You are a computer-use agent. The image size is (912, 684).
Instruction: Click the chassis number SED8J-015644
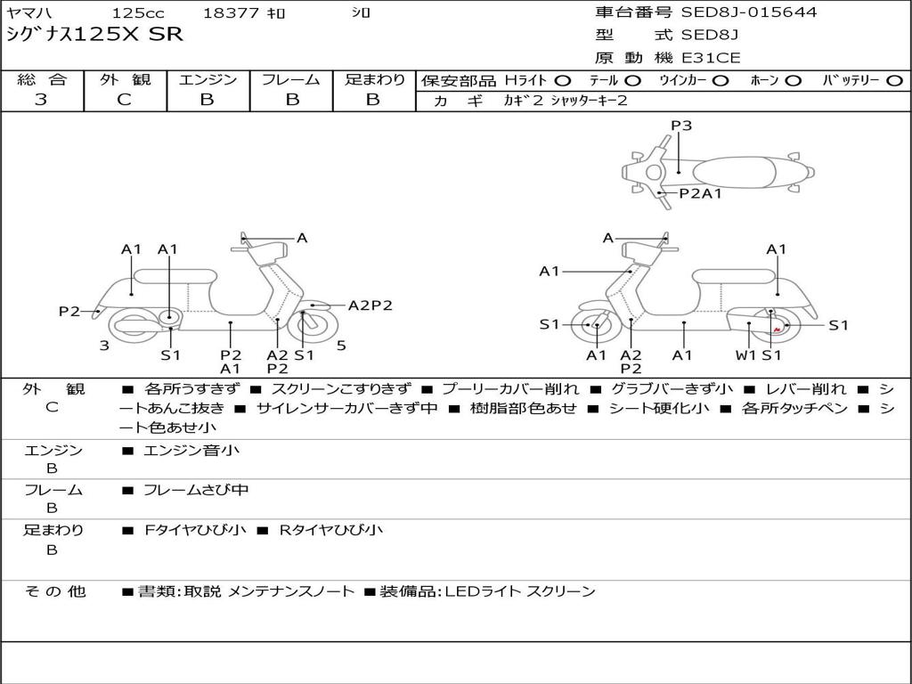tap(748, 12)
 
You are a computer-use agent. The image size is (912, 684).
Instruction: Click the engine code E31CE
tap(711, 58)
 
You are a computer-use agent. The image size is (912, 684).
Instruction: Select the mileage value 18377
tap(231, 13)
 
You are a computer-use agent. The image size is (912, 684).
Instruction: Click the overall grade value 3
tap(41, 100)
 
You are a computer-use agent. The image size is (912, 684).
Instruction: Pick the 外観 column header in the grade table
tap(125, 79)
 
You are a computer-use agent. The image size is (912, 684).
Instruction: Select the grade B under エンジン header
tap(207, 100)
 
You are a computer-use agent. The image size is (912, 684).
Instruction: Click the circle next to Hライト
tap(563, 81)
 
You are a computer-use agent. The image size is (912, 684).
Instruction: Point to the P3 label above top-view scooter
tap(681, 126)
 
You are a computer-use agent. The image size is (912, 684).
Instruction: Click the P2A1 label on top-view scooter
tap(700, 193)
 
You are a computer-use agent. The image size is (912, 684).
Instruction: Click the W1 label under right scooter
tap(745, 355)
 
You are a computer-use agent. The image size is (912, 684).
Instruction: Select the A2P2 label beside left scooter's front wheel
tap(370, 305)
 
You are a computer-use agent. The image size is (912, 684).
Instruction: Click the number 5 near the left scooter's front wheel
tap(341, 345)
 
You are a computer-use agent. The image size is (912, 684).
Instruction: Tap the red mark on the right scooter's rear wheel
tap(778, 330)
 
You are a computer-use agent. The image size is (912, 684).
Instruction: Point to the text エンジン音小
tap(191, 451)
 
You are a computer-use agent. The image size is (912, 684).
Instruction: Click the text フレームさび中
tap(196, 490)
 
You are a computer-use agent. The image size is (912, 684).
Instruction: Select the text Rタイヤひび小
tap(330, 530)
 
